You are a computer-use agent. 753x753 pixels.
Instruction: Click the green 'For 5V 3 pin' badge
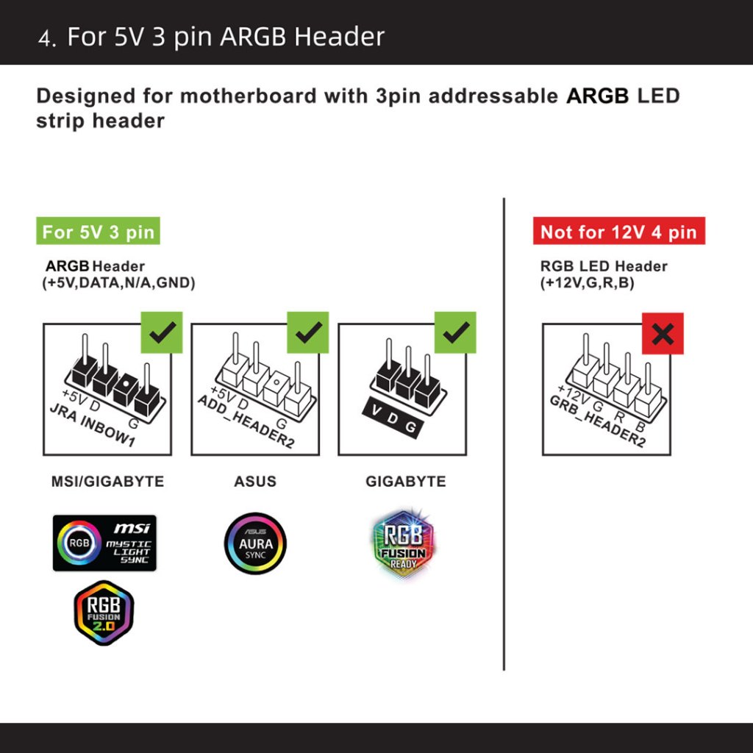pyautogui.click(x=98, y=232)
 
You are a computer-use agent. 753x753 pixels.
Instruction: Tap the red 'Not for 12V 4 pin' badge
pyautogui.click(x=618, y=232)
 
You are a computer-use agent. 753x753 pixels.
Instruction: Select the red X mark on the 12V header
pyautogui.click(x=663, y=334)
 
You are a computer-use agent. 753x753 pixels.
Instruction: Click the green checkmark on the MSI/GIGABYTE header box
pyautogui.click(x=161, y=332)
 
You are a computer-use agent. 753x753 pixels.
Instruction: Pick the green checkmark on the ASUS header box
pyautogui.click(x=307, y=332)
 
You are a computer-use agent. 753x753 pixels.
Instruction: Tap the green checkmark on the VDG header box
pyautogui.click(x=455, y=332)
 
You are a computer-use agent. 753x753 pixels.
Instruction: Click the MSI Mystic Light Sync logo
pyautogui.click(x=104, y=543)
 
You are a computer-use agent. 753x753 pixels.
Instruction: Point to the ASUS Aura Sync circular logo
pyautogui.click(x=255, y=543)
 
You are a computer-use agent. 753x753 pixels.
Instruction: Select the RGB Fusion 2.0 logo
pyautogui.click(x=104, y=613)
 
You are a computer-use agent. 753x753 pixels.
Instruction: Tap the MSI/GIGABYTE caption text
pyautogui.click(x=107, y=482)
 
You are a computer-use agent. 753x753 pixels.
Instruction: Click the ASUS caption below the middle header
pyautogui.click(x=255, y=482)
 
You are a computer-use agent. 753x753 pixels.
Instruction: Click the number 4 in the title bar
pyautogui.click(x=46, y=38)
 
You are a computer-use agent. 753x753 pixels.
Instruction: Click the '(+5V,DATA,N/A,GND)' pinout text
pyautogui.click(x=118, y=283)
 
